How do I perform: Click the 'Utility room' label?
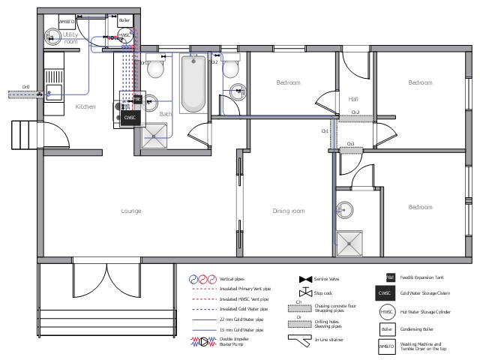(70, 37)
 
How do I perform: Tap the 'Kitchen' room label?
(85, 107)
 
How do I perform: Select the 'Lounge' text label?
(131, 211)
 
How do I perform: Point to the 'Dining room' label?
(288, 211)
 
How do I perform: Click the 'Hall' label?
(354, 98)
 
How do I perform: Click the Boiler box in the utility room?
(124, 21)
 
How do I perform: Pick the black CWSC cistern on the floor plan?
(130, 118)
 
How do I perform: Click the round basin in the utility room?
(53, 35)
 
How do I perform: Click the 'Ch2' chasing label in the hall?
(355, 112)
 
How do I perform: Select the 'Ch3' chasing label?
(350, 142)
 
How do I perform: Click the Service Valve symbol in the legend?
(304, 277)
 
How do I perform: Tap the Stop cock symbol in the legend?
(304, 292)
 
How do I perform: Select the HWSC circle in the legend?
(386, 311)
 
